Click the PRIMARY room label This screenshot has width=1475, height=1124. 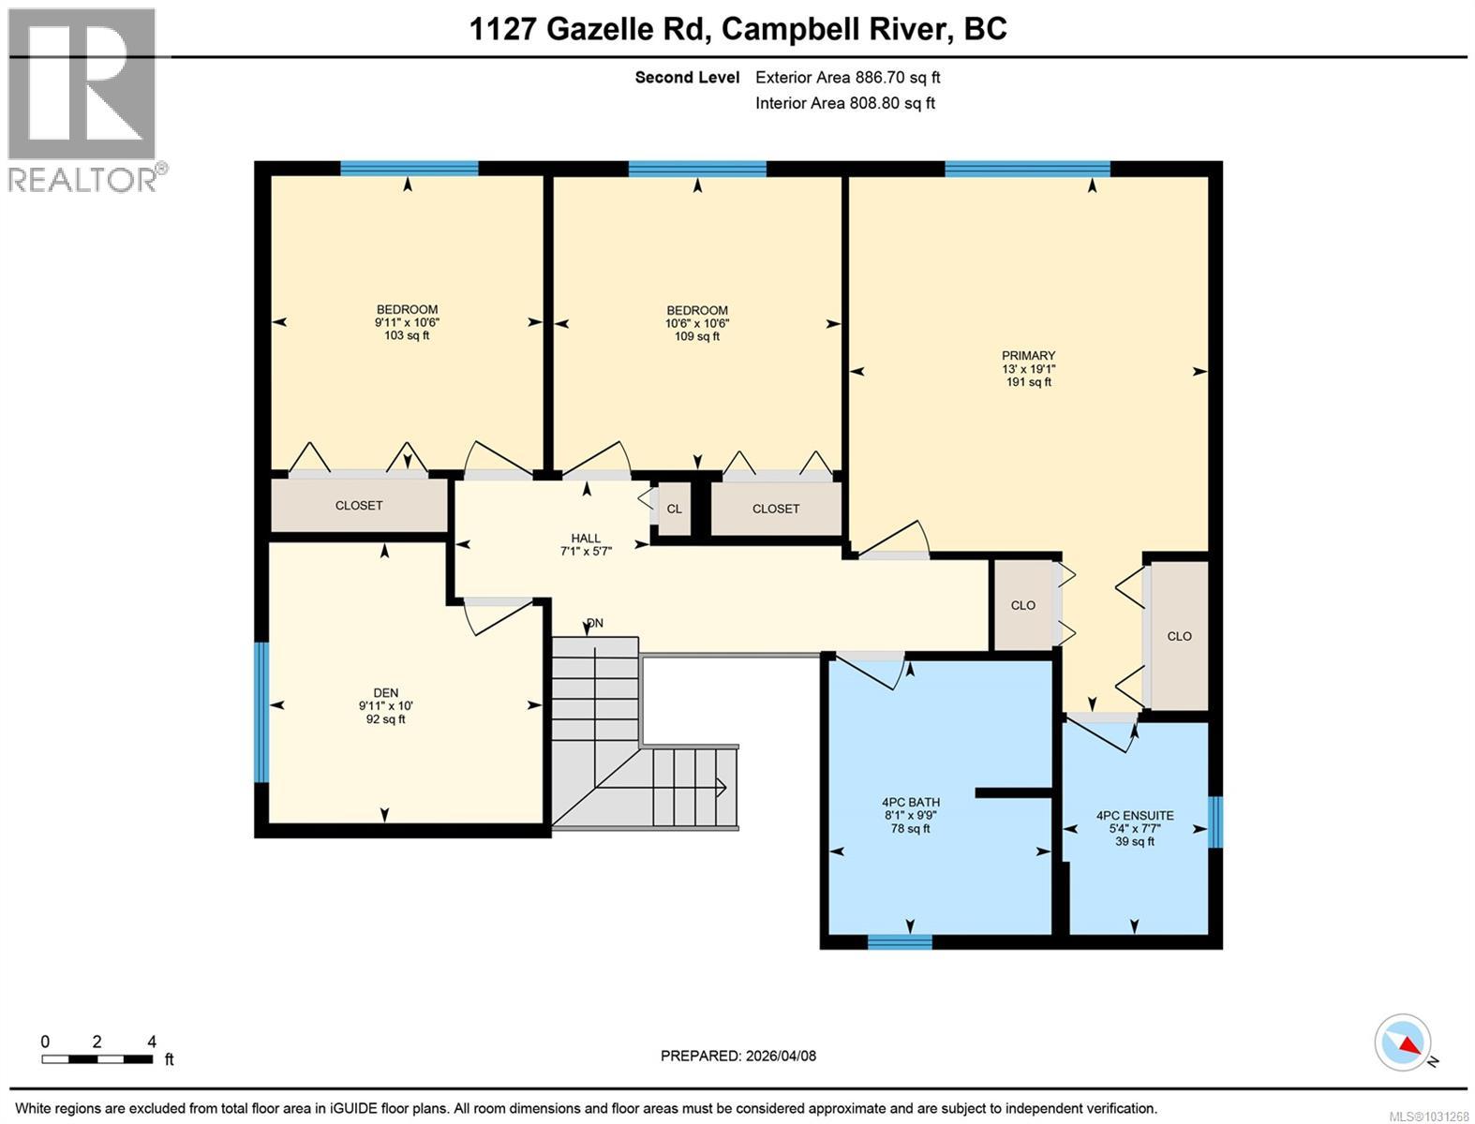[1028, 355]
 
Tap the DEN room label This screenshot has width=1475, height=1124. [386, 692]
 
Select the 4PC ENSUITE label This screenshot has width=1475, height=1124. [1135, 815]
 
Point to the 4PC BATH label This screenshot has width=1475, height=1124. [911, 802]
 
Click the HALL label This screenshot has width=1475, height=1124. [586, 538]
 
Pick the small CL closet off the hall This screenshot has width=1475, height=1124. [674, 509]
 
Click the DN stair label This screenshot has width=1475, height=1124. [595, 623]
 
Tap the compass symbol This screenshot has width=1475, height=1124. [1403, 1043]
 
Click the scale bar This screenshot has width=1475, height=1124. [97, 1058]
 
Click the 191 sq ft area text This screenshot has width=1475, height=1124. [1029, 382]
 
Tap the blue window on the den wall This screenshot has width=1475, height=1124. [261, 713]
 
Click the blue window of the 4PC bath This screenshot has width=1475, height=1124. [900, 942]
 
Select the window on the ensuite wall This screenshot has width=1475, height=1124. [1214, 822]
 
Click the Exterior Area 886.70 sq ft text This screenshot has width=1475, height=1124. [847, 77]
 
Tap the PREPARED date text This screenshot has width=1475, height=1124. [737, 1056]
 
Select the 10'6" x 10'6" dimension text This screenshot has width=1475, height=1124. [697, 323]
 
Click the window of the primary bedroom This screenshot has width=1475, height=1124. [1027, 169]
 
